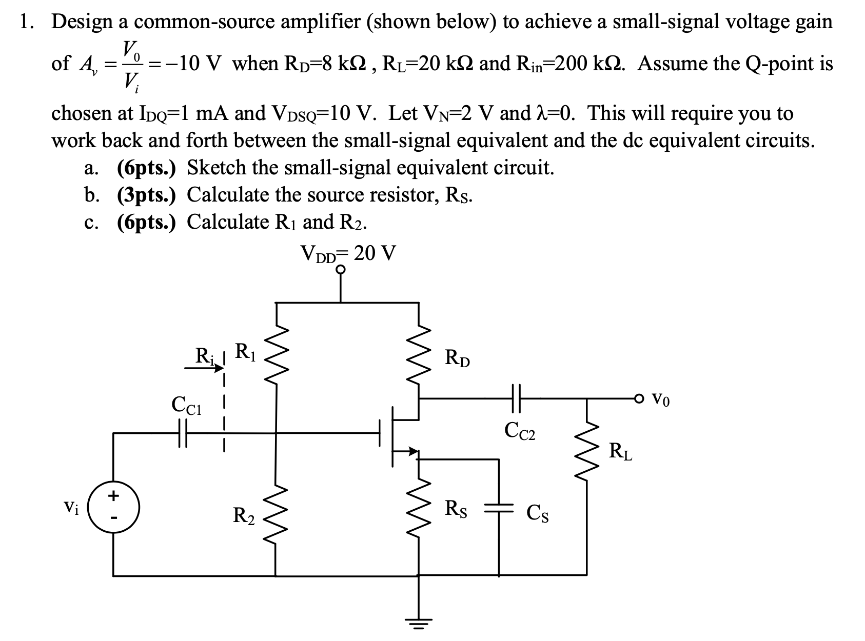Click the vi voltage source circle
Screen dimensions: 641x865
(x=113, y=509)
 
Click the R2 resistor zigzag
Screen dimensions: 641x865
(x=277, y=515)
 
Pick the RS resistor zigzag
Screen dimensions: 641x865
(x=419, y=513)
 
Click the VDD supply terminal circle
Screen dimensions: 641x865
(x=341, y=270)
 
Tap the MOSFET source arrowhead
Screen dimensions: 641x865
(x=412, y=451)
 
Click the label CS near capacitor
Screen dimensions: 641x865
(x=538, y=513)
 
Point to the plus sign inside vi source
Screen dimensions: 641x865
(x=113, y=496)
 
